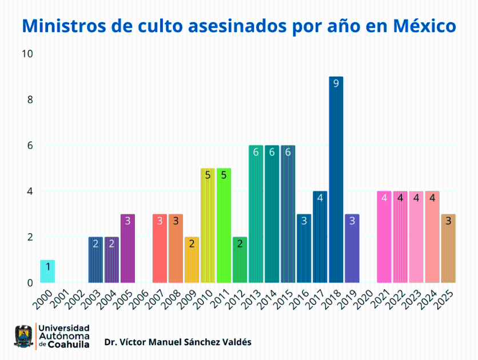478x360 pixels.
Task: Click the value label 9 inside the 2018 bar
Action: click(336, 83)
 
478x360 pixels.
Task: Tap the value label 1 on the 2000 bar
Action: click(47, 266)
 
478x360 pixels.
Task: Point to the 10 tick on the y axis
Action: click(27, 54)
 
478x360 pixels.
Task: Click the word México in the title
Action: click(424, 26)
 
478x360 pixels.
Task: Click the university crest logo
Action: click(23, 337)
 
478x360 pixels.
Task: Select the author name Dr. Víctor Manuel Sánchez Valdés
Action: click(177, 342)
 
